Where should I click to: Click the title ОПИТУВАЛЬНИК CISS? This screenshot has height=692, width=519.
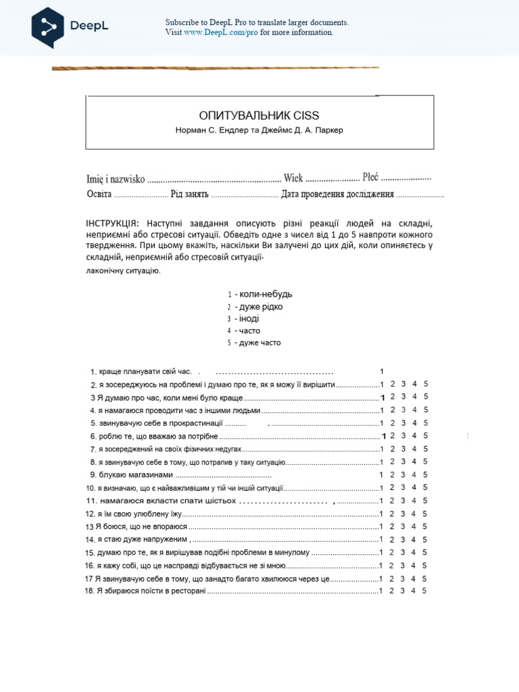pyautogui.click(x=259, y=116)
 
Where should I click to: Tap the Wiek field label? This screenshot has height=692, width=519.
pyautogui.click(x=293, y=178)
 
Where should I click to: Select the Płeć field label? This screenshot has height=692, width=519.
pyautogui.click(x=370, y=177)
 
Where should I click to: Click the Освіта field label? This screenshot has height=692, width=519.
pyautogui.click(x=99, y=194)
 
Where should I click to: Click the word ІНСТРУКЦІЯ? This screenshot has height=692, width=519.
pyautogui.click(x=112, y=224)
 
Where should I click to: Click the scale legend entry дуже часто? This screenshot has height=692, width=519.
pyautogui.click(x=259, y=343)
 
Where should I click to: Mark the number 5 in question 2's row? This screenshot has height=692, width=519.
pyautogui.click(x=426, y=384)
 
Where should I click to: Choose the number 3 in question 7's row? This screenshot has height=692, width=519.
pyautogui.click(x=403, y=449)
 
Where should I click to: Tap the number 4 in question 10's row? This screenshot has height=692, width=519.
pyautogui.click(x=414, y=487)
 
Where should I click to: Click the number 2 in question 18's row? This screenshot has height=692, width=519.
pyautogui.click(x=393, y=591)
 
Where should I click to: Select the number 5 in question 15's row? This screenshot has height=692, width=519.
pyautogui.click(x=426, y=552)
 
